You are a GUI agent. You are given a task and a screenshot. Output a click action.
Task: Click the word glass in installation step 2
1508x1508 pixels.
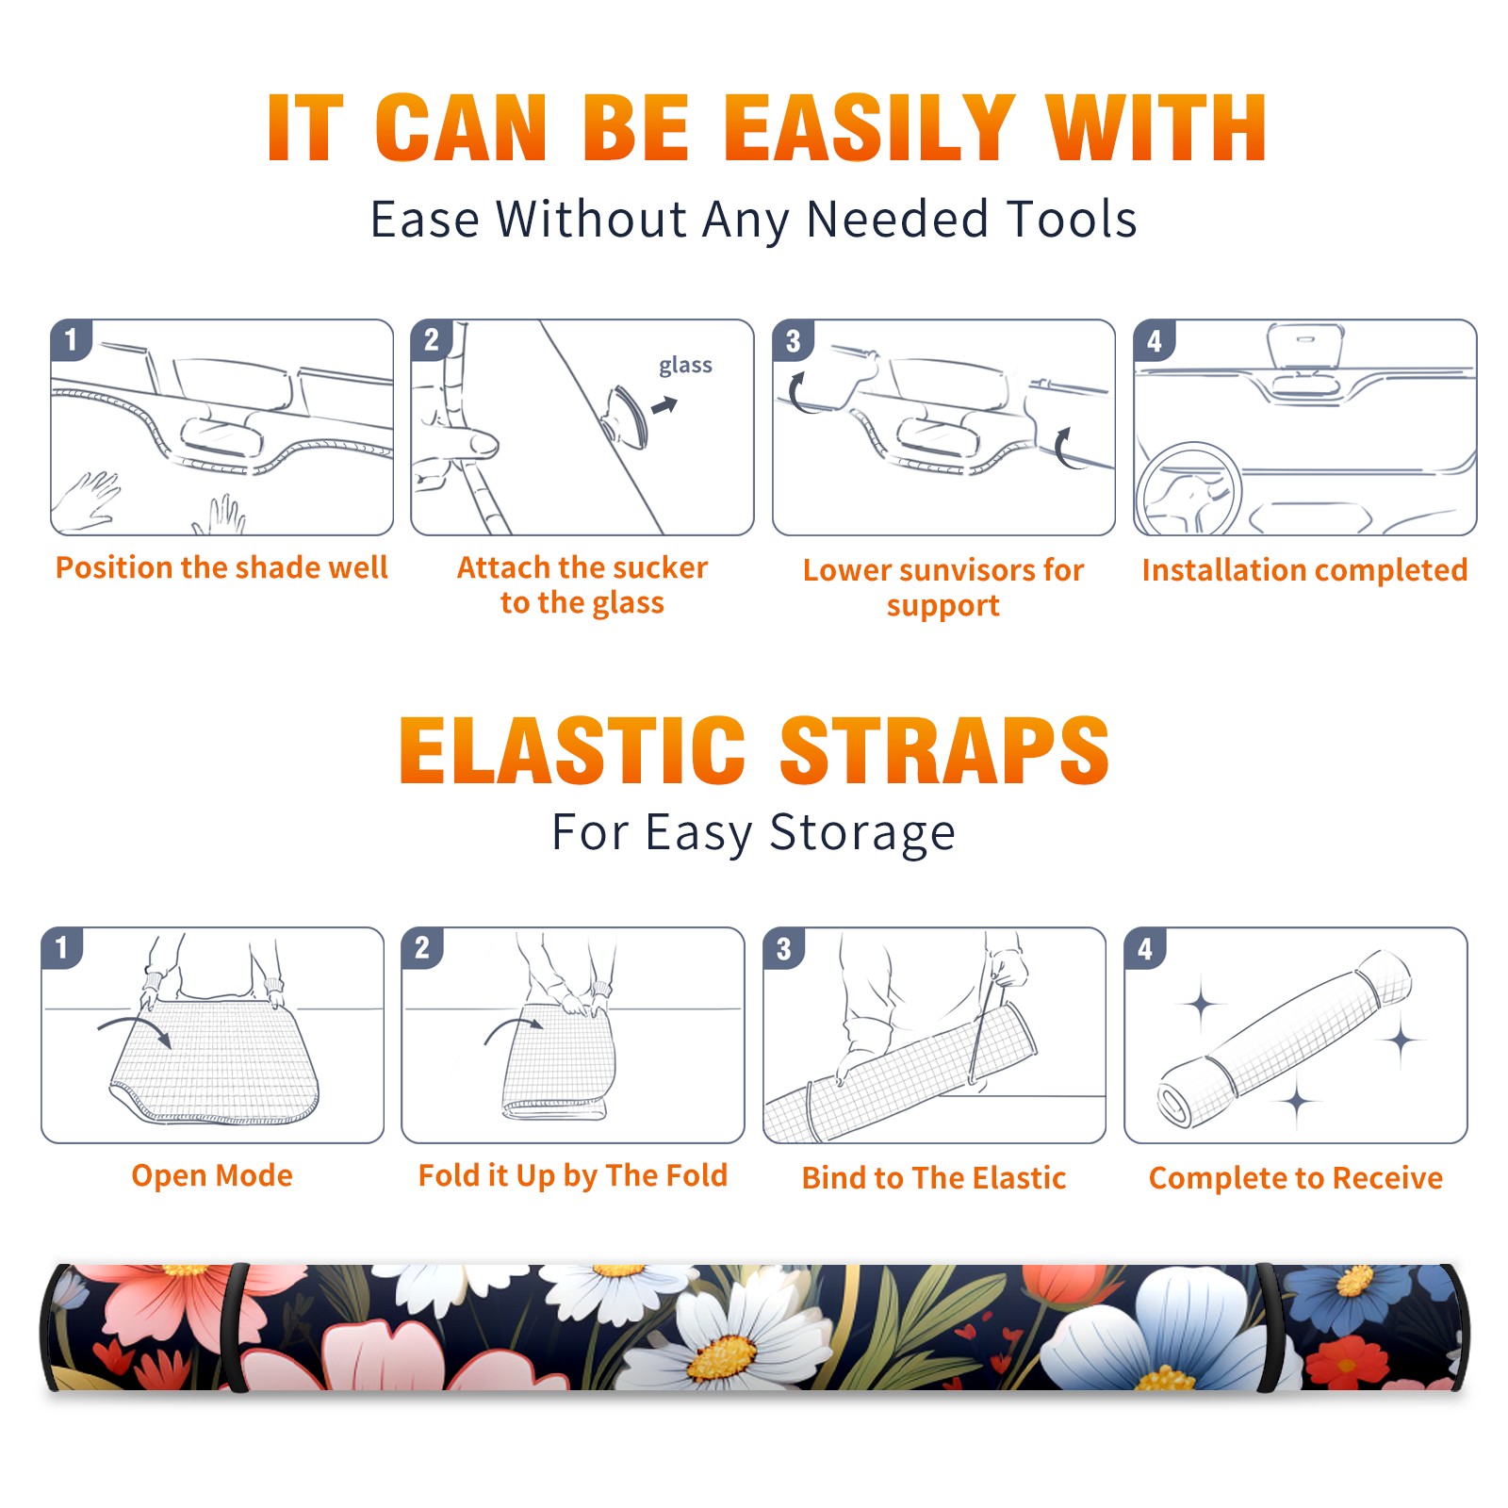(x=685, y=366)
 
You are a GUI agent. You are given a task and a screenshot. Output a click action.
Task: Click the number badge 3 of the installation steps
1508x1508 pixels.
(x=793, y=340)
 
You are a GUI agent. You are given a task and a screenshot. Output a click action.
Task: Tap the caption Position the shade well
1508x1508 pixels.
(x=221, y=567)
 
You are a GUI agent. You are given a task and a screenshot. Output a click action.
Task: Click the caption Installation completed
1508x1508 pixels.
(x=1304, y=569)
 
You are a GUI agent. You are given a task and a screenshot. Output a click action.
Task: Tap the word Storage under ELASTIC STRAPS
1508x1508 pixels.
(x=862, y=833)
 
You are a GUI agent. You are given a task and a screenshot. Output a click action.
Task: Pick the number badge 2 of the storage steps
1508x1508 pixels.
(x=422, y=947)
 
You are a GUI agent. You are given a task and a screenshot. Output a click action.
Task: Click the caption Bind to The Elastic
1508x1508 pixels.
(x=934, y=1178)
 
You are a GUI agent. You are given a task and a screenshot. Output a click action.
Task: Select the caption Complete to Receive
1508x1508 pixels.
(x=1296, y=1178)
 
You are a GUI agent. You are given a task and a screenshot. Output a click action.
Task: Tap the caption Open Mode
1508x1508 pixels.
(x=212, y=1175)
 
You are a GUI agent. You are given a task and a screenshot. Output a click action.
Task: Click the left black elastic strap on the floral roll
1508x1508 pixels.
(x=236, y=1327)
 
